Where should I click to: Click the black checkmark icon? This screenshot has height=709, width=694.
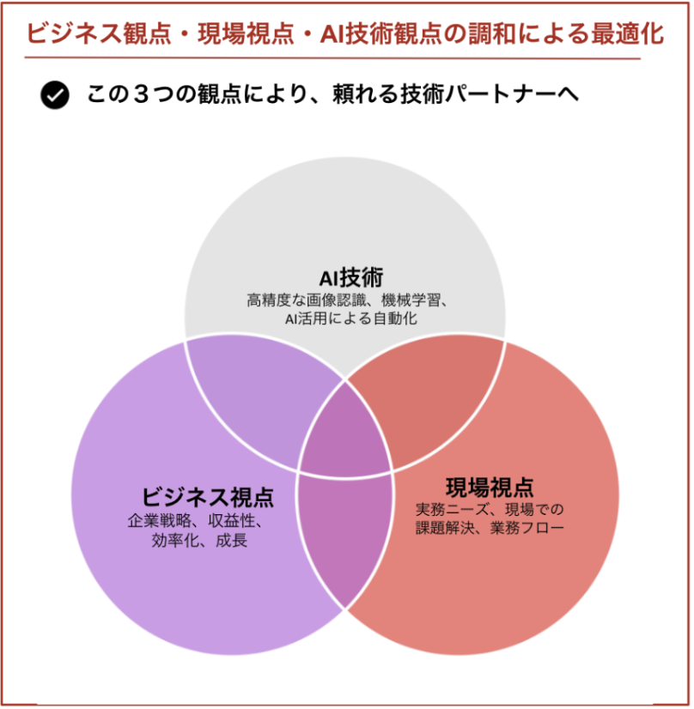coord(55,95)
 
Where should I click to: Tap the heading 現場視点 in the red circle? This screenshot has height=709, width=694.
coord(490,488)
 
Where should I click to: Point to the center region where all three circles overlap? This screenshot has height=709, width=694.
coord(345,429)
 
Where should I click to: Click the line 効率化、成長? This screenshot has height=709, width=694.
coord(199,541)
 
